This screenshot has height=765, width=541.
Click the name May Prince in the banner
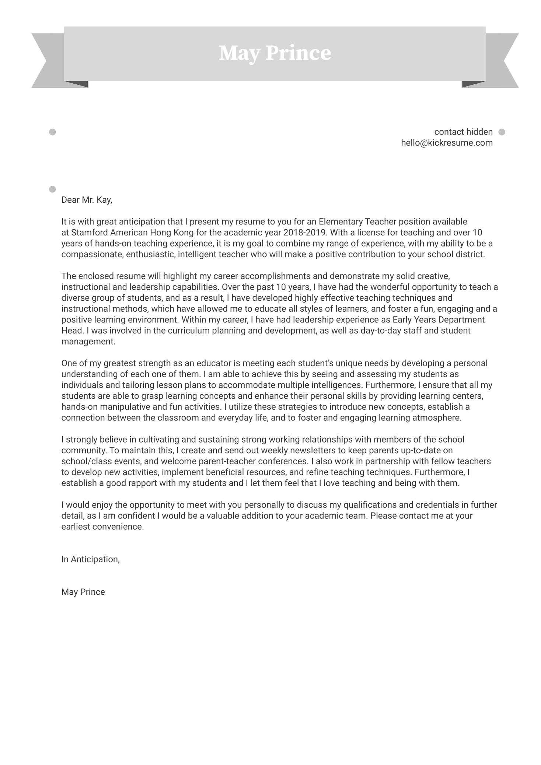point(275,53)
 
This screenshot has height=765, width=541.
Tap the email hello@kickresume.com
point(446,143)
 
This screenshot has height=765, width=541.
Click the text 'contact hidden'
point(463,132)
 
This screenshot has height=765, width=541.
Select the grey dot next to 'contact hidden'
point(501,132)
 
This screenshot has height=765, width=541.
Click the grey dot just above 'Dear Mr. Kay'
point(52,189)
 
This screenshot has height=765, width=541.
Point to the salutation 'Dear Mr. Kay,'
point(87,200)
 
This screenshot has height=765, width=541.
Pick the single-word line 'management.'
point(88,342)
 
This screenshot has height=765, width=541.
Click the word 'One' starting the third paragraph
point(69,363)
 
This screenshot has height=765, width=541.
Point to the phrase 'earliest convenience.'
point(102,527)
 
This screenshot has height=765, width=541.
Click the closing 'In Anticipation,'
point(91,559)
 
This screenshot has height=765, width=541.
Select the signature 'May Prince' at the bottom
point(83,592)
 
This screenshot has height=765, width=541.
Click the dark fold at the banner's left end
point(78,84)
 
